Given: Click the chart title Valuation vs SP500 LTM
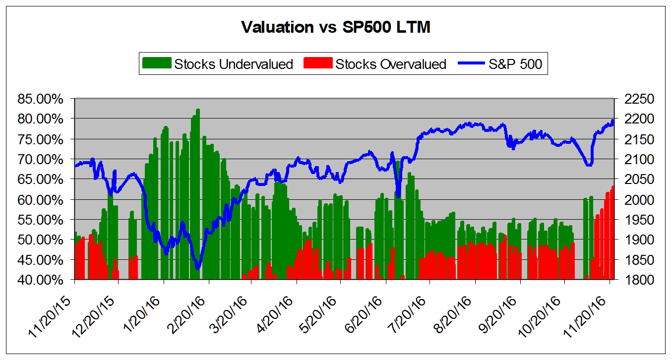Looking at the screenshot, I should (x=336, y=27).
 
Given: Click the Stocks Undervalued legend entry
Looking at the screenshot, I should (x=234, y=64).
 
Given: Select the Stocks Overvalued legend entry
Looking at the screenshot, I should (x=390, y=64).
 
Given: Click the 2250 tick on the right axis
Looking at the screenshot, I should (x=631, y=99).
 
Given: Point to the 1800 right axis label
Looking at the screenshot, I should (x=631, y=280).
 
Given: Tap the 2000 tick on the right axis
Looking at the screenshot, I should (x=631, y=199).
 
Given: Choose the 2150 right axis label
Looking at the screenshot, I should (x=631, y=139).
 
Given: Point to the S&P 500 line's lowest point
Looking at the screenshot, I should (x=198, y=268).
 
